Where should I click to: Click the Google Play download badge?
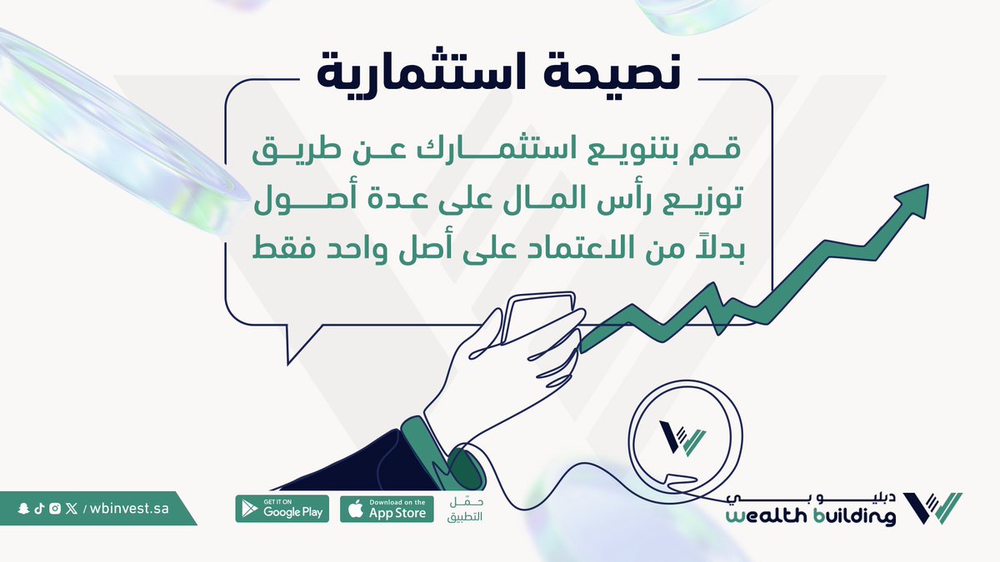pos(282,509)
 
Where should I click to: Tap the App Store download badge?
pos(387,509)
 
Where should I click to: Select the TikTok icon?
pos(39,509)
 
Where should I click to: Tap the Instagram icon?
pos(54,509)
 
